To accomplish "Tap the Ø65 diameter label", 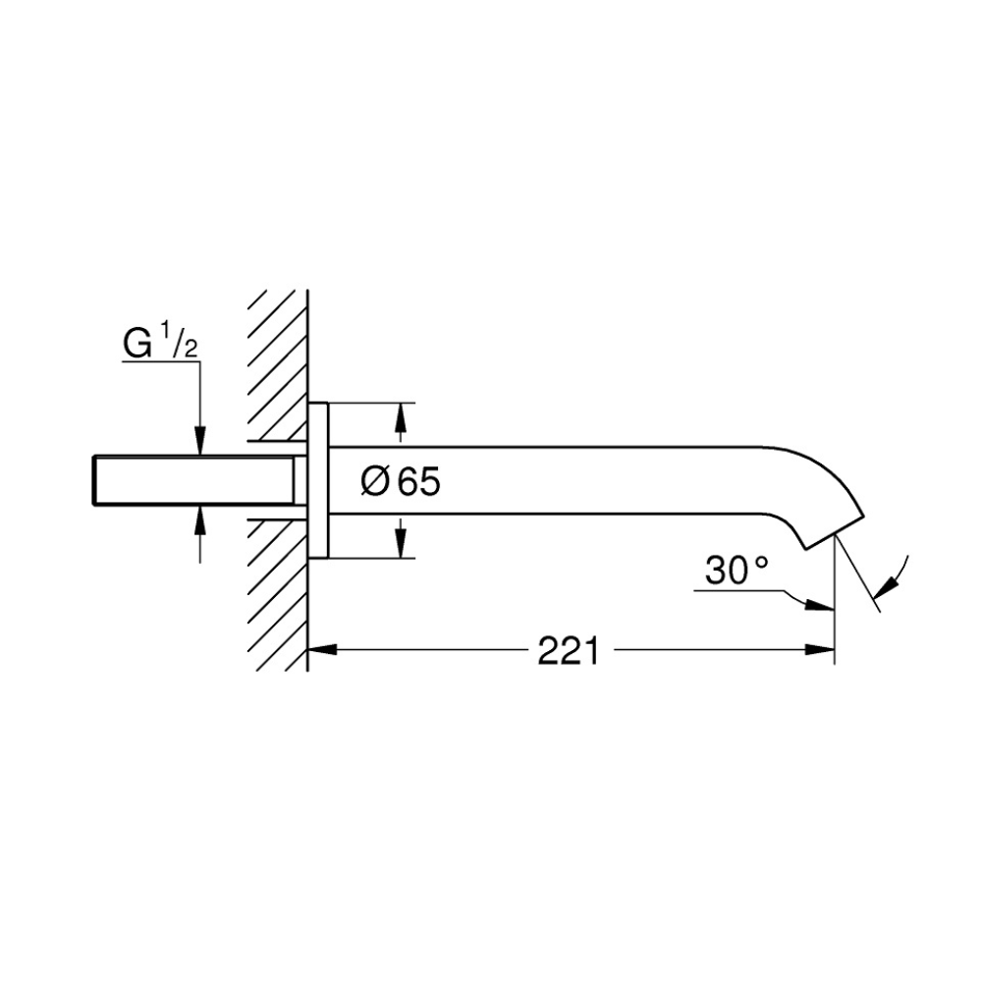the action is click(401, 481).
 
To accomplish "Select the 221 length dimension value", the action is click(569, 651).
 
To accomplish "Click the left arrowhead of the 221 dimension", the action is click(322, 650).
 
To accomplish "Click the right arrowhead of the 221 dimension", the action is click(820, 650).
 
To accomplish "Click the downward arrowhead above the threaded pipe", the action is click(199, 441).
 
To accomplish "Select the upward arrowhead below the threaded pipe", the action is click(199, 519).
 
